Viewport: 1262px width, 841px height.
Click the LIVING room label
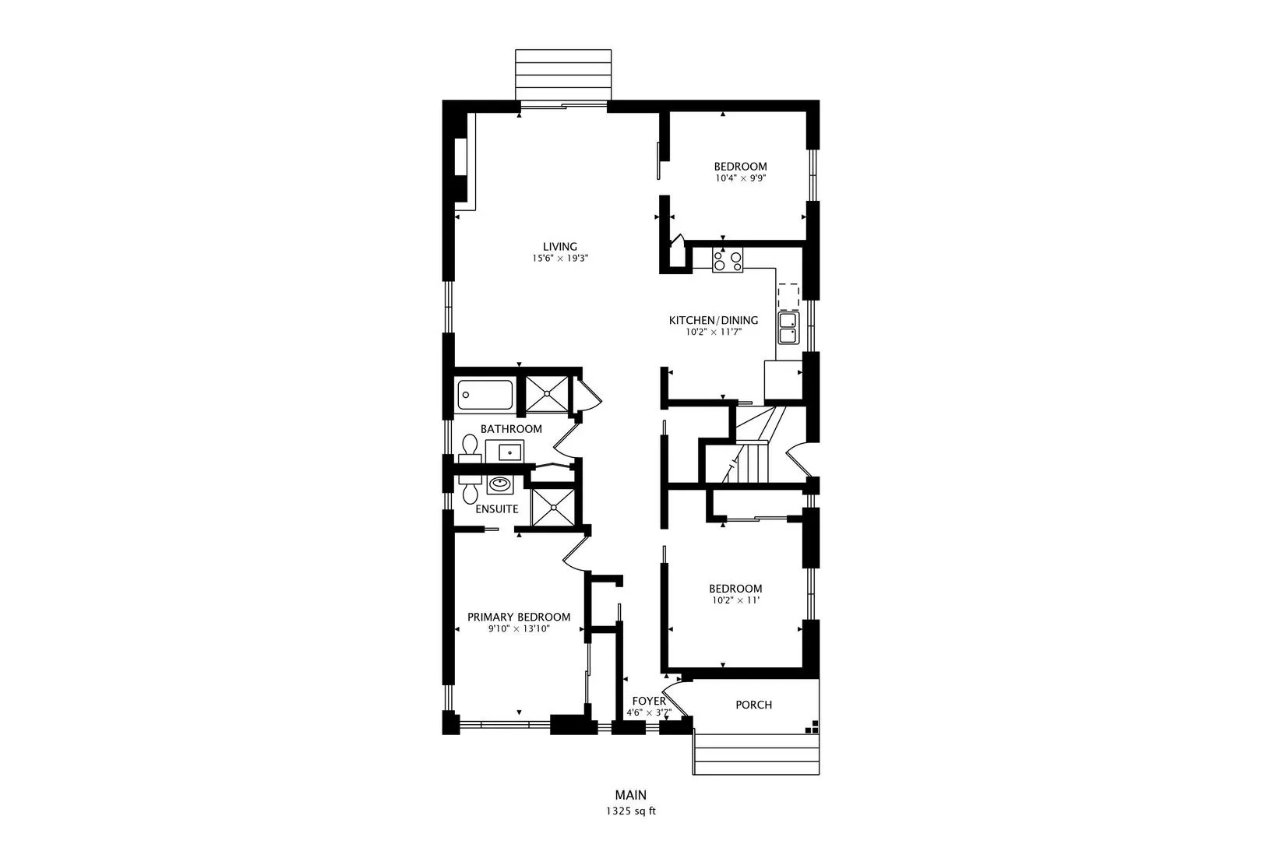tap(559, 247)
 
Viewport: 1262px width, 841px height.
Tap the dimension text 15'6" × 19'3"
tap(559, 259)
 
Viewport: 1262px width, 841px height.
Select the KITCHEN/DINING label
tap(713, 320)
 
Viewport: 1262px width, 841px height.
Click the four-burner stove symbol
tap(728, 260)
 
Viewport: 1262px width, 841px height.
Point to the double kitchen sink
tap(788, 328)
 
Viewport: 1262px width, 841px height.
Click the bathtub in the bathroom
tap(485, 395)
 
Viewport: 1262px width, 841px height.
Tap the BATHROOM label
tap(510, 429)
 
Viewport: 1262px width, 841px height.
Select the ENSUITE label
tap(496, 509)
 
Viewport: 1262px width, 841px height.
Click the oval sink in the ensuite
tap(499, 486)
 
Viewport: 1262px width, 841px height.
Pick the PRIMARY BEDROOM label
tap(518, 617)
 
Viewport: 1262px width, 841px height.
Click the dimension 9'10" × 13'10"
tap(518, 628)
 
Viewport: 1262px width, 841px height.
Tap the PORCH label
tap(753, 705)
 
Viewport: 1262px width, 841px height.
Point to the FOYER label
tap(648, 701)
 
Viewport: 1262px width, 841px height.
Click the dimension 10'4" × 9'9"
tap(740, 178)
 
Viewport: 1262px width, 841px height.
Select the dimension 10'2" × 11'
tap(735, 600)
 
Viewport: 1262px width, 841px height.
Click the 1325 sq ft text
tap(630, 811)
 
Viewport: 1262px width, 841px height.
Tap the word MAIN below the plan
tap(630, 795)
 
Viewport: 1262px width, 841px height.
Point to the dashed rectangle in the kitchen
tap(788, 294)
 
